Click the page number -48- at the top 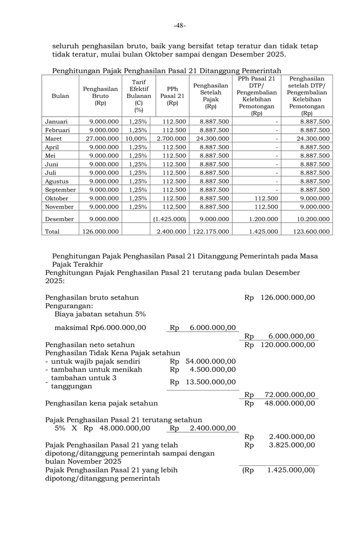coord(180,25)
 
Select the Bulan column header coord(61,96)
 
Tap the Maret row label coord(54,139)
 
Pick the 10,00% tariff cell coord(136,139)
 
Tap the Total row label coord(53,232)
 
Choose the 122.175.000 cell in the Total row coord(211,232)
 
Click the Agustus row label coord(57,181)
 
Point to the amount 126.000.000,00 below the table coord(287,298)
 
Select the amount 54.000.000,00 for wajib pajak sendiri coord(211,361)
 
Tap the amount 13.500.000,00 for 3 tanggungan coord(211,382)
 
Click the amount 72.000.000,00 coord(287,394)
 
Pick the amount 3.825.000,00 coord(291,445)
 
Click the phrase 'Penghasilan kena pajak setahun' coord(101,403)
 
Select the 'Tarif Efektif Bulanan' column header coord(139,96)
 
